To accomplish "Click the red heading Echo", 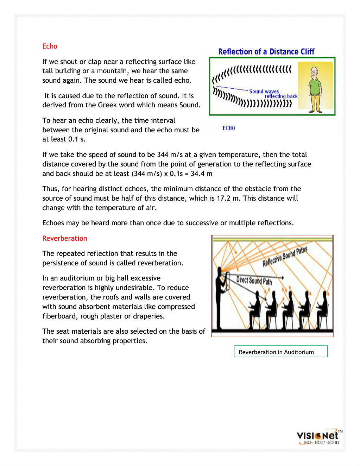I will (50, 46).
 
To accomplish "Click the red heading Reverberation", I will (64, 238).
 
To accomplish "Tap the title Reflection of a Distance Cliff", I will (266, 52).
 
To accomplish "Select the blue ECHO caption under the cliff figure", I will (229, 128).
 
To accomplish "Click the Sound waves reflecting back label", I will (273, 94).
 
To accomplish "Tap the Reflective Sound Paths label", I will (285, 257).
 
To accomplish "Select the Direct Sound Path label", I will (254, 281).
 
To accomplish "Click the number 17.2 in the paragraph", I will (223, 198).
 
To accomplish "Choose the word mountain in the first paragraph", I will (112, 71).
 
